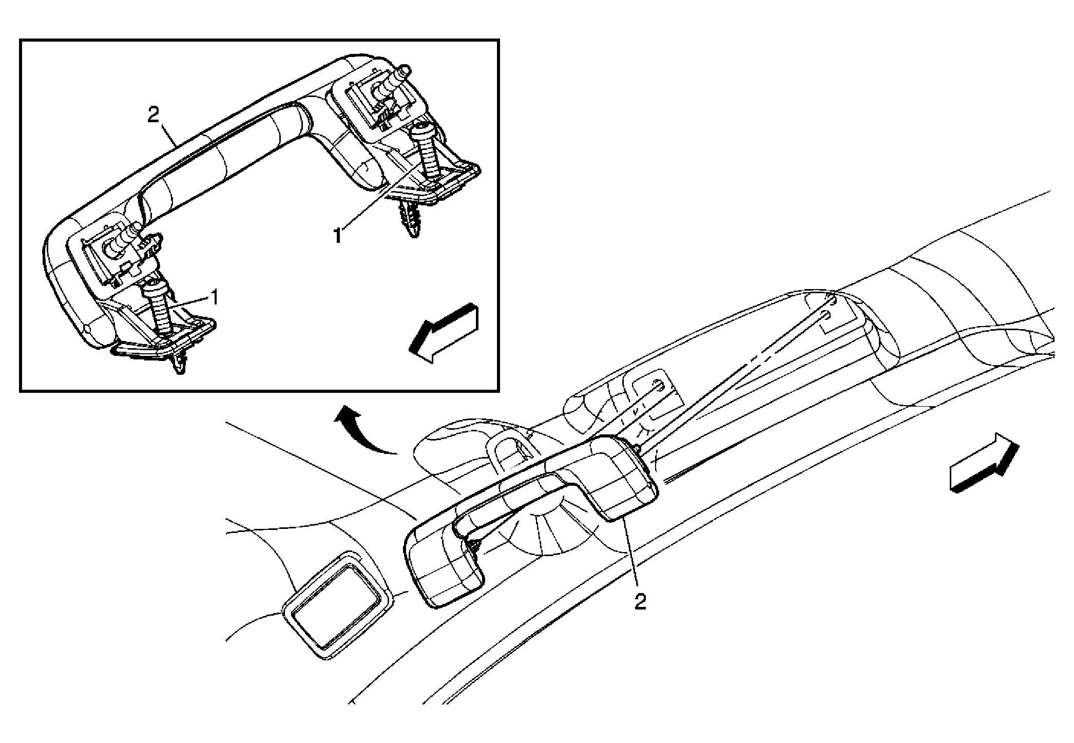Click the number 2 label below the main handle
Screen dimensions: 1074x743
(640, 602)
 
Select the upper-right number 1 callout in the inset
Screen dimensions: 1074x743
(338, 236)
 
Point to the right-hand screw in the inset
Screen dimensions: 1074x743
(427, 152)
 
